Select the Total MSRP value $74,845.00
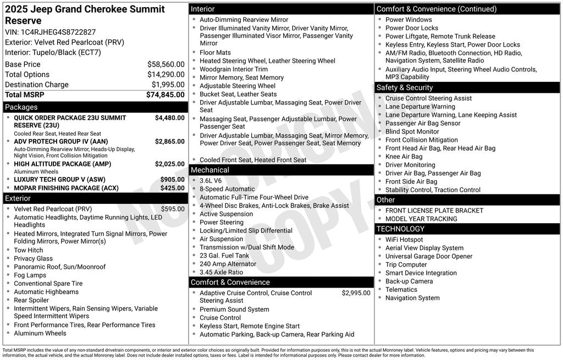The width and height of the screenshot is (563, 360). (165, 95)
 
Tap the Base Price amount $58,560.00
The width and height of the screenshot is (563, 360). (165, 64)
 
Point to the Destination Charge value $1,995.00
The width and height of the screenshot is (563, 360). (168, 85)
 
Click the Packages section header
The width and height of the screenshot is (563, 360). (21, 107)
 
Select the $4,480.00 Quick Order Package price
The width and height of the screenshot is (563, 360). (169, 118)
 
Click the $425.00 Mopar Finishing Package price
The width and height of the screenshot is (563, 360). (172, 188)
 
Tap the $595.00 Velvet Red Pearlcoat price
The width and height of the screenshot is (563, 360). (173, 209)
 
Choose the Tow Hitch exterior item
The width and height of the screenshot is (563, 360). (29, 250)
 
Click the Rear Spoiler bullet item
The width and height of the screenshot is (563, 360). (31, 300)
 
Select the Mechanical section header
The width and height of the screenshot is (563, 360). (210, 170)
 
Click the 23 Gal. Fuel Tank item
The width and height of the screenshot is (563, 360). (224, 256)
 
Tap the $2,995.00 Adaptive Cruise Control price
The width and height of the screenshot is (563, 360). (356, 293)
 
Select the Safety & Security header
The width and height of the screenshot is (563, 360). (405, 87)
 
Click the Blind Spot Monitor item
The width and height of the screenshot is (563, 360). (412, 131)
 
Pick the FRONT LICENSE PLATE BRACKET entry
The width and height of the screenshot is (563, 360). (434, 211)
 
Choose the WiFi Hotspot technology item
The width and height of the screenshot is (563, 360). (404, 240)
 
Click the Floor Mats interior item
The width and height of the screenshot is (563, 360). (215, 53)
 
